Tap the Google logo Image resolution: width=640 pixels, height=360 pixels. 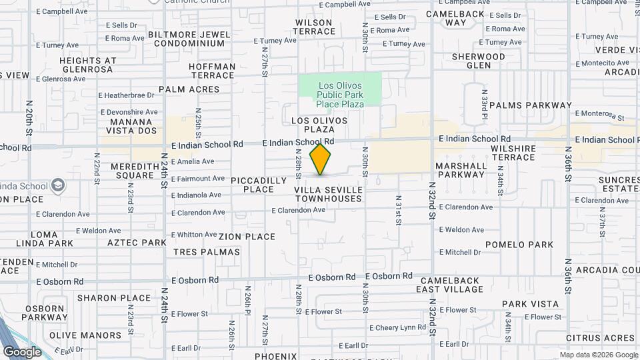22,351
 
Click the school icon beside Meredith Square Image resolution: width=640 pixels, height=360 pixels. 58,185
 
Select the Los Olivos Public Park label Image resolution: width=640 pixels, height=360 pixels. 340,95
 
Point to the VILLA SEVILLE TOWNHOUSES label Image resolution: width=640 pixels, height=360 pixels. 329,195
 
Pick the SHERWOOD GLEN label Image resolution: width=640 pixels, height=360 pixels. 478,61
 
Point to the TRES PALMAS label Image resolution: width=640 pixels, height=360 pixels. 206,252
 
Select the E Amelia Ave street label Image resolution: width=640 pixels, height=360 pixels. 193,161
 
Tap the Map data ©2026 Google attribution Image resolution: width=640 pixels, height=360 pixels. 598,355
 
